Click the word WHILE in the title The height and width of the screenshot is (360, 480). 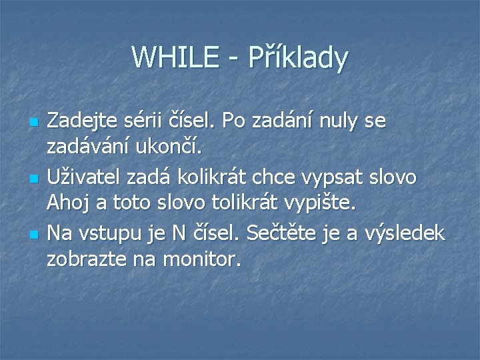173,57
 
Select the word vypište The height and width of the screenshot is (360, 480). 327,202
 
